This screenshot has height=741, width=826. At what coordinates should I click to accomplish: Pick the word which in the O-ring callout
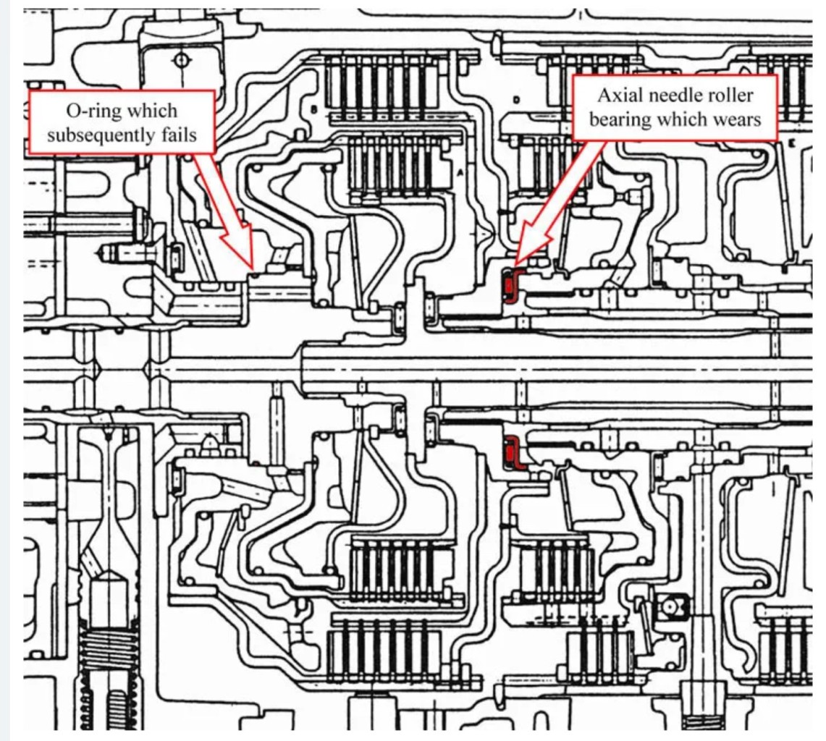[152, 111]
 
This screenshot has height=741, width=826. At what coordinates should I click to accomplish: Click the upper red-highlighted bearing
[510, 284]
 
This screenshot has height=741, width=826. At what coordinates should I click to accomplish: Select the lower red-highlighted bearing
[512, 452]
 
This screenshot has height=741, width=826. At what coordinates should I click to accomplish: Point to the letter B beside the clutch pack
[314, 109]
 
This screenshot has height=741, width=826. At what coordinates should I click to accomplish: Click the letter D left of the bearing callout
[516, 99]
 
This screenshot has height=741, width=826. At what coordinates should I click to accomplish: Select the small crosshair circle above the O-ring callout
[181, 61]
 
